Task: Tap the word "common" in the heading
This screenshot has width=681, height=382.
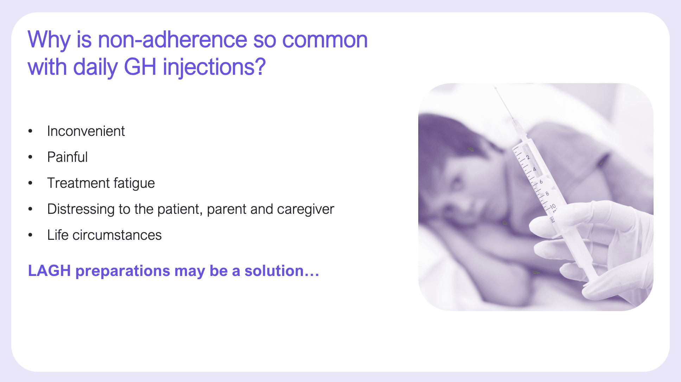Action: point(325,40)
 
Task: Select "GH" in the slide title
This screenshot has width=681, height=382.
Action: point(140,67)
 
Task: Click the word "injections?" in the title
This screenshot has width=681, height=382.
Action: point(214,67)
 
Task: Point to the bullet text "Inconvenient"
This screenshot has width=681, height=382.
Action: point(86,131)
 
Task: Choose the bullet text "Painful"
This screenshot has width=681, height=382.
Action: point(67,157)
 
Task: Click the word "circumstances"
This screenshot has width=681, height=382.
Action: point(117,235)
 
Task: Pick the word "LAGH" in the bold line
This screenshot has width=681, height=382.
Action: point(49,271)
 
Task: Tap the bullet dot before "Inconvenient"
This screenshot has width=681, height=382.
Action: point(31,131)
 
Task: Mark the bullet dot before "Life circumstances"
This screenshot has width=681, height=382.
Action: point(31,235)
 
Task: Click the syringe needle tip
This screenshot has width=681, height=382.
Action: point(495,88)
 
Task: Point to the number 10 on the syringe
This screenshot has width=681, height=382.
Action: point(553,206)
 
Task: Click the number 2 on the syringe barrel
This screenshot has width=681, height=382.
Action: point(528,157)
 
